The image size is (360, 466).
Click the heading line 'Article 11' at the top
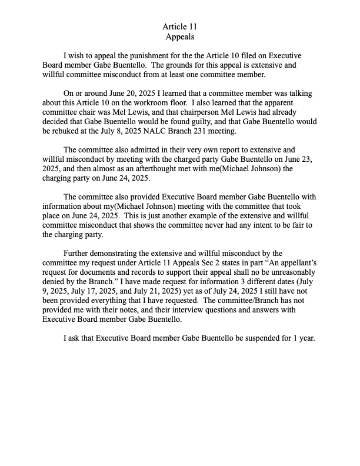pos(179,26)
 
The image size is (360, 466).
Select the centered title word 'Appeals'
pos(179,36)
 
